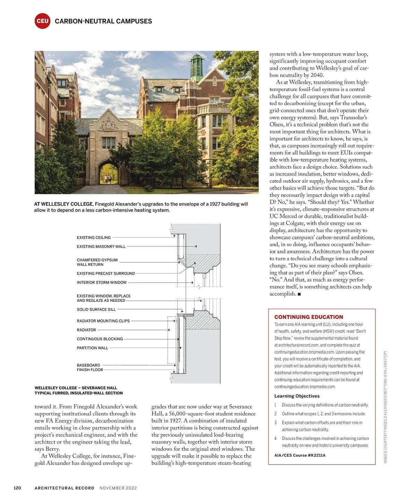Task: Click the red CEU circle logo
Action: (x=42, y=21)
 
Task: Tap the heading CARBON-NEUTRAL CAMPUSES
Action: (x=103, y=21)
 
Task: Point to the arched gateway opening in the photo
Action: (x=108, y=173)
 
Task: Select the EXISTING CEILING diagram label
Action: (x=94, y=237)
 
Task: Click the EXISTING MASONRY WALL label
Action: (x=101, y=246)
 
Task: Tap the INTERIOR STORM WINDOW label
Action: (x=102, y=283)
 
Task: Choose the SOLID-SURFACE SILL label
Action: (x=96, y=310)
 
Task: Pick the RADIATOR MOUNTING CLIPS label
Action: (x=103, y=321)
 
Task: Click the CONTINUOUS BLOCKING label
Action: (x=100, y=339)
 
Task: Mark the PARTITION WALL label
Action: (x=93, y=348)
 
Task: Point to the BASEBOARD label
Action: (x=88, y=365)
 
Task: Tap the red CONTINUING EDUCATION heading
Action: (x=309, y=317)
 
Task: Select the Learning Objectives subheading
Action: (x=297, y=396)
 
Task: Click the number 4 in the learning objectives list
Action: (x=276, y=438)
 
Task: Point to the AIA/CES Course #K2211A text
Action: (x=300, y=455)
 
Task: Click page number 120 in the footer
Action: (x=17, y=488)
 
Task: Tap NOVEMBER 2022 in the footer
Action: (x=118, y=488)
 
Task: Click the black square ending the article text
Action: (x=299, y=294)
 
